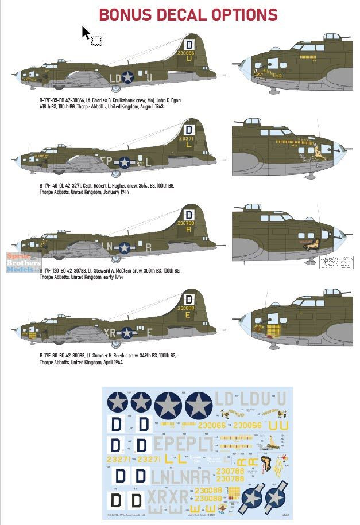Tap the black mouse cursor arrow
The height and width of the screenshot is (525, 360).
[86, 33]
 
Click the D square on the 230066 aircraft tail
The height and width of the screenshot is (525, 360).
[189, 45]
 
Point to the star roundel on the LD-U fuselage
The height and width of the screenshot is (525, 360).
[127, 77]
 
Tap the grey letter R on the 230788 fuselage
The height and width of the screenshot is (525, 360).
[148, 247]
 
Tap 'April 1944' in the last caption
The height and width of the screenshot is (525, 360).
[109, 363]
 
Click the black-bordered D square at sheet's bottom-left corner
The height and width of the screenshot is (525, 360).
[115, 501]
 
